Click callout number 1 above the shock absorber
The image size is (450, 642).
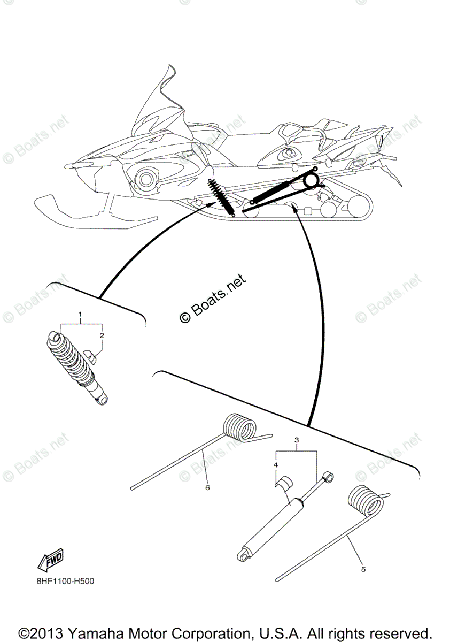(81, 312)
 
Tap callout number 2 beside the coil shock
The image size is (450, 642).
(102, 335)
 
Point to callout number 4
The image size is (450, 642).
(276, 465)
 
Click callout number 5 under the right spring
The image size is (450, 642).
(363, 569)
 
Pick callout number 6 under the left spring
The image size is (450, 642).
(207, 487)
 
